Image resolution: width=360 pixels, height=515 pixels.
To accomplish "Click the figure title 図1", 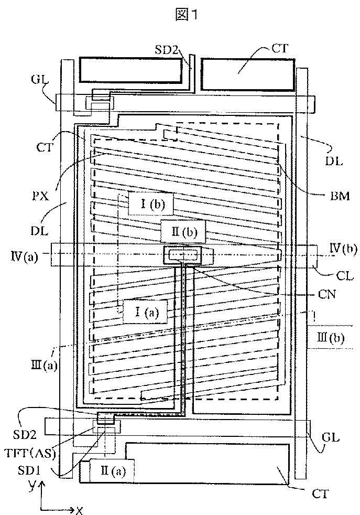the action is [187, 15].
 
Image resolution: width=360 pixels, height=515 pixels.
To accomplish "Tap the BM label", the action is [340, 196].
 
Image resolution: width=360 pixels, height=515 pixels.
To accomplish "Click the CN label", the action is [327, 294].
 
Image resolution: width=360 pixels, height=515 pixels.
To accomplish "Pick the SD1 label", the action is [28, 470].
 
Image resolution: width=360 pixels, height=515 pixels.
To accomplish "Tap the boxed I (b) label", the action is [150, 205].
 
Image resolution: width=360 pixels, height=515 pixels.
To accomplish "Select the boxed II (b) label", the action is [183, 232].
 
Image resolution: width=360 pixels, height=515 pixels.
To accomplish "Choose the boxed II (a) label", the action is [112, 471].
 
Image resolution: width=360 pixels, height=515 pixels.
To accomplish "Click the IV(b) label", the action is [343, 249].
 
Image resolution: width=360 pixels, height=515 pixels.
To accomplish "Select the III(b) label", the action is [331, 338].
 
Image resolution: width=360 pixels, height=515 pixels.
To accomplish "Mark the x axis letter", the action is [79, 510].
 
